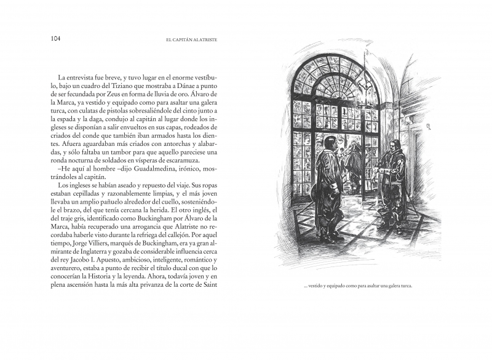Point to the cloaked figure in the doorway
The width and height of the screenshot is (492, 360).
353,160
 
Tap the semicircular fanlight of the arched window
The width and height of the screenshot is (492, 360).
335,80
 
